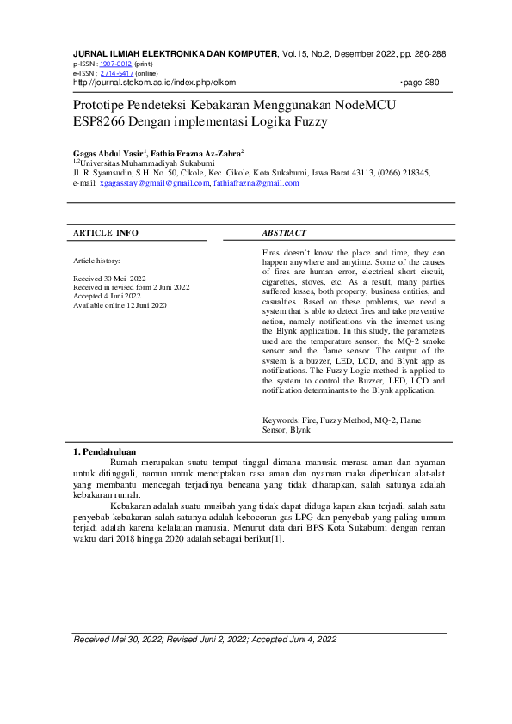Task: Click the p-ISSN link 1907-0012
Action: [115, 64]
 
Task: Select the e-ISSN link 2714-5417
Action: [116, 73]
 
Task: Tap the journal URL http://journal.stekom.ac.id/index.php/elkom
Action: [154, 83]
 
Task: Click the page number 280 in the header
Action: [432, 83]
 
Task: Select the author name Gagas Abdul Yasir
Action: [109, 151]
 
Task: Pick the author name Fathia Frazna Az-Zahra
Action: [196, 151]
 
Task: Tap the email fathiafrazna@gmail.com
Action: [256, 183]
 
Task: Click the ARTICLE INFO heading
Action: [105, 233]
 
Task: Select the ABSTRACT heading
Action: [284, 233]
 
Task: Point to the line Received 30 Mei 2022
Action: [110, 279]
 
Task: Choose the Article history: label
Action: [97, 260]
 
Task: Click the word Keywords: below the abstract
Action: [281, 420]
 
